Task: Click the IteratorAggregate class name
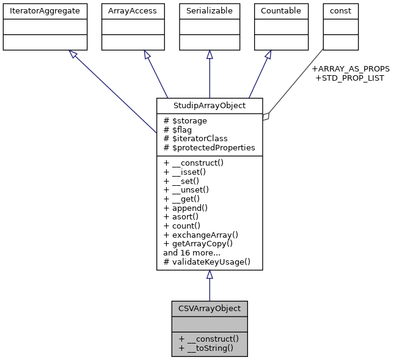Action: [x=45, y=10]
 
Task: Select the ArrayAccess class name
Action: [x=133, y=10]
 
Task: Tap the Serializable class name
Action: [x=210, y=10]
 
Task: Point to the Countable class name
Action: [x=280, y=10]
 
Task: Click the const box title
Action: [x=340, y=10]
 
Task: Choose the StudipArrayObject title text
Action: [x=210, y=106]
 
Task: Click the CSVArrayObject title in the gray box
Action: [x=210, y=308]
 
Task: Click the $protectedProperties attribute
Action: [x=209, y=148]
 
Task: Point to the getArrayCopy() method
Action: [x=198, y=243]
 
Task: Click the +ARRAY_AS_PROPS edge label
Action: [x=350, y=69]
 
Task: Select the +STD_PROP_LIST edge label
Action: [x=349, y=78]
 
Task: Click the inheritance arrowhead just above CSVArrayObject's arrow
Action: [x=210, y=275]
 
